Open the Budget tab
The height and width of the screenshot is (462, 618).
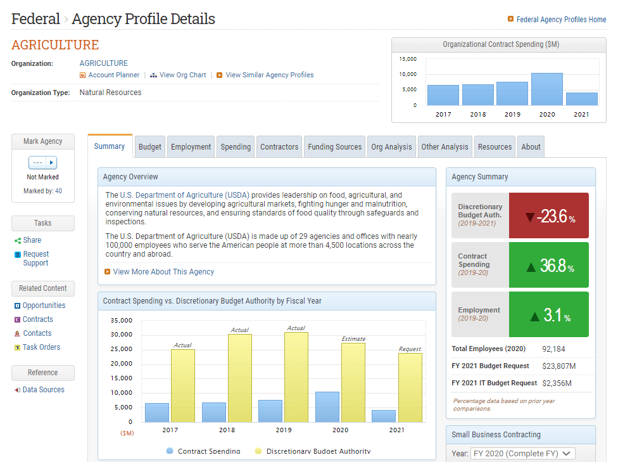(150, 147)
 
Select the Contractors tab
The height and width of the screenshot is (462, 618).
(279, 147)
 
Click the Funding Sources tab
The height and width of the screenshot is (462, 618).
(334, 147)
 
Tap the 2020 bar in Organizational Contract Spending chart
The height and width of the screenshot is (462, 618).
(546, 89)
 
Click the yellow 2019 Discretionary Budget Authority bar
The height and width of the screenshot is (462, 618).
(296, 377)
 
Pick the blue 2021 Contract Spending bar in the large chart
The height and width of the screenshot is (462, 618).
(384, 416)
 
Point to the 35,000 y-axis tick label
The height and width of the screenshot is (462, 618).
(122, 321)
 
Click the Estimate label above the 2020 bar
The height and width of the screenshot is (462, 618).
(353, 339)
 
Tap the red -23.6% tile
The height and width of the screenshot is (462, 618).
(548, 215)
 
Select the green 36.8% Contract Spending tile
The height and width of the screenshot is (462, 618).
(548, 265)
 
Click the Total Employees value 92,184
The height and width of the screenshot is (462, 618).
(553, 349)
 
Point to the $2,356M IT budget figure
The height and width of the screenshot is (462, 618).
(557, 383)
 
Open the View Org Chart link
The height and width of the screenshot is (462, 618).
(182, 75)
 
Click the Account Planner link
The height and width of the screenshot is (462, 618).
(113, 75)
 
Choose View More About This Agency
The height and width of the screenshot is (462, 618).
(163, 272)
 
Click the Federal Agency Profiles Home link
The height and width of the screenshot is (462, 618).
(561, 20)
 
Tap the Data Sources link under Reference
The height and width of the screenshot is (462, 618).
(43, 390)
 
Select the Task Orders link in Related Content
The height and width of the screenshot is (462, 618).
(41, 347)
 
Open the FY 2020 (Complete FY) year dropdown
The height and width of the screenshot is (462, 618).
(522, 454)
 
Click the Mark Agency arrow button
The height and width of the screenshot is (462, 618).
(52, 162)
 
